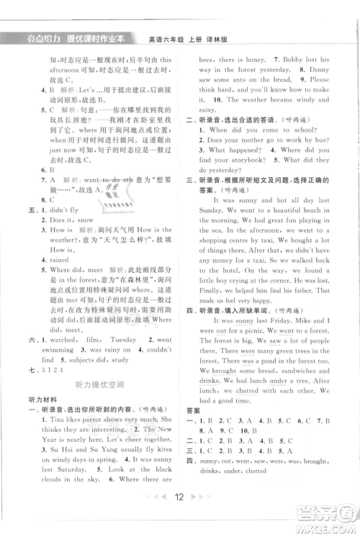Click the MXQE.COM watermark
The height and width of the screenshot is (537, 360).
pyautogui.click(x=328, y=526)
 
